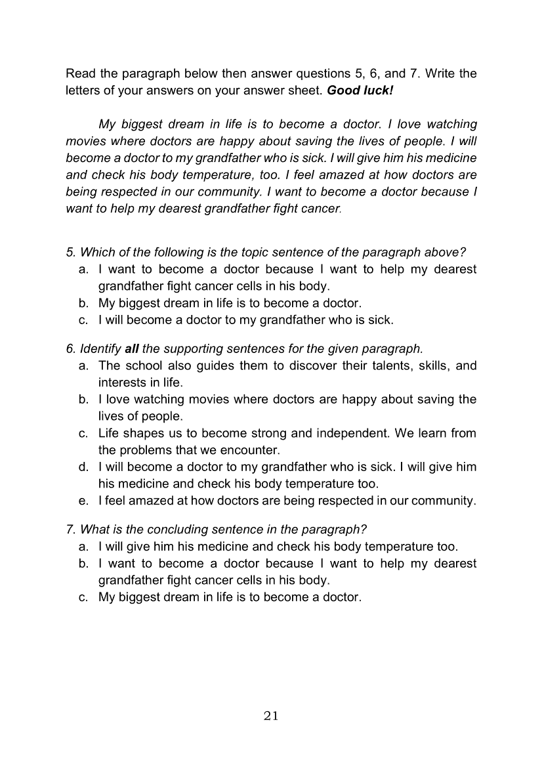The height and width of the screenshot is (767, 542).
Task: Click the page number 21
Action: [271, 716]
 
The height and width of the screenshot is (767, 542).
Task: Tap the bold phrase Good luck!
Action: [360, 91]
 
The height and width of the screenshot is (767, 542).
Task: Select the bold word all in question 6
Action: [132, 348]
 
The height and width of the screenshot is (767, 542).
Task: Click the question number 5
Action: [70, 252]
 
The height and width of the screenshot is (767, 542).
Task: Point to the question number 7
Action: [70, 529]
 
